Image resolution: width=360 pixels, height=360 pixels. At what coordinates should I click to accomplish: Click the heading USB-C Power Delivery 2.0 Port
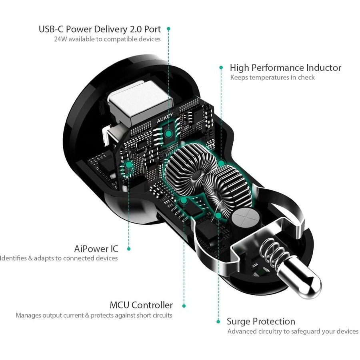point(100,29)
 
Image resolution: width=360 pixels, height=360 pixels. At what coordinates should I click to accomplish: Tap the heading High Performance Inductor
point(285,68)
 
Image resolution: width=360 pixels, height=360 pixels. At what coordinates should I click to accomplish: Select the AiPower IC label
point(96,248)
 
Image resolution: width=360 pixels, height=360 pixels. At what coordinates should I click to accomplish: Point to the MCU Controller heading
point(141,305)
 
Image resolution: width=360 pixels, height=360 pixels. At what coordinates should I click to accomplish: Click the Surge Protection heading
point(261,321)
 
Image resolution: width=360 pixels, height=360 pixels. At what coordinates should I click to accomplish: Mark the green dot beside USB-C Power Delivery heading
point(168,29)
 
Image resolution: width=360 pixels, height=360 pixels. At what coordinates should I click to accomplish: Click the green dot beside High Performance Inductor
point(221,68)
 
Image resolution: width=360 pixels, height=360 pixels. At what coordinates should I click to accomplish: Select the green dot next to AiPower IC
point(129,248)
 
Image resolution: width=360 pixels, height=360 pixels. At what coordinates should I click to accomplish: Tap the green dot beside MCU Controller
point(184,306)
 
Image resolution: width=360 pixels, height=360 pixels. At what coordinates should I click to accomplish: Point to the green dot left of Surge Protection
point(218,322)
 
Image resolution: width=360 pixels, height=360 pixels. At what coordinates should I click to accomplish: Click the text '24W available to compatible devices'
point(107,39)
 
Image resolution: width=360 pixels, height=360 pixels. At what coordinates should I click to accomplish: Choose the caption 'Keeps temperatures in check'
point(272,78)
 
